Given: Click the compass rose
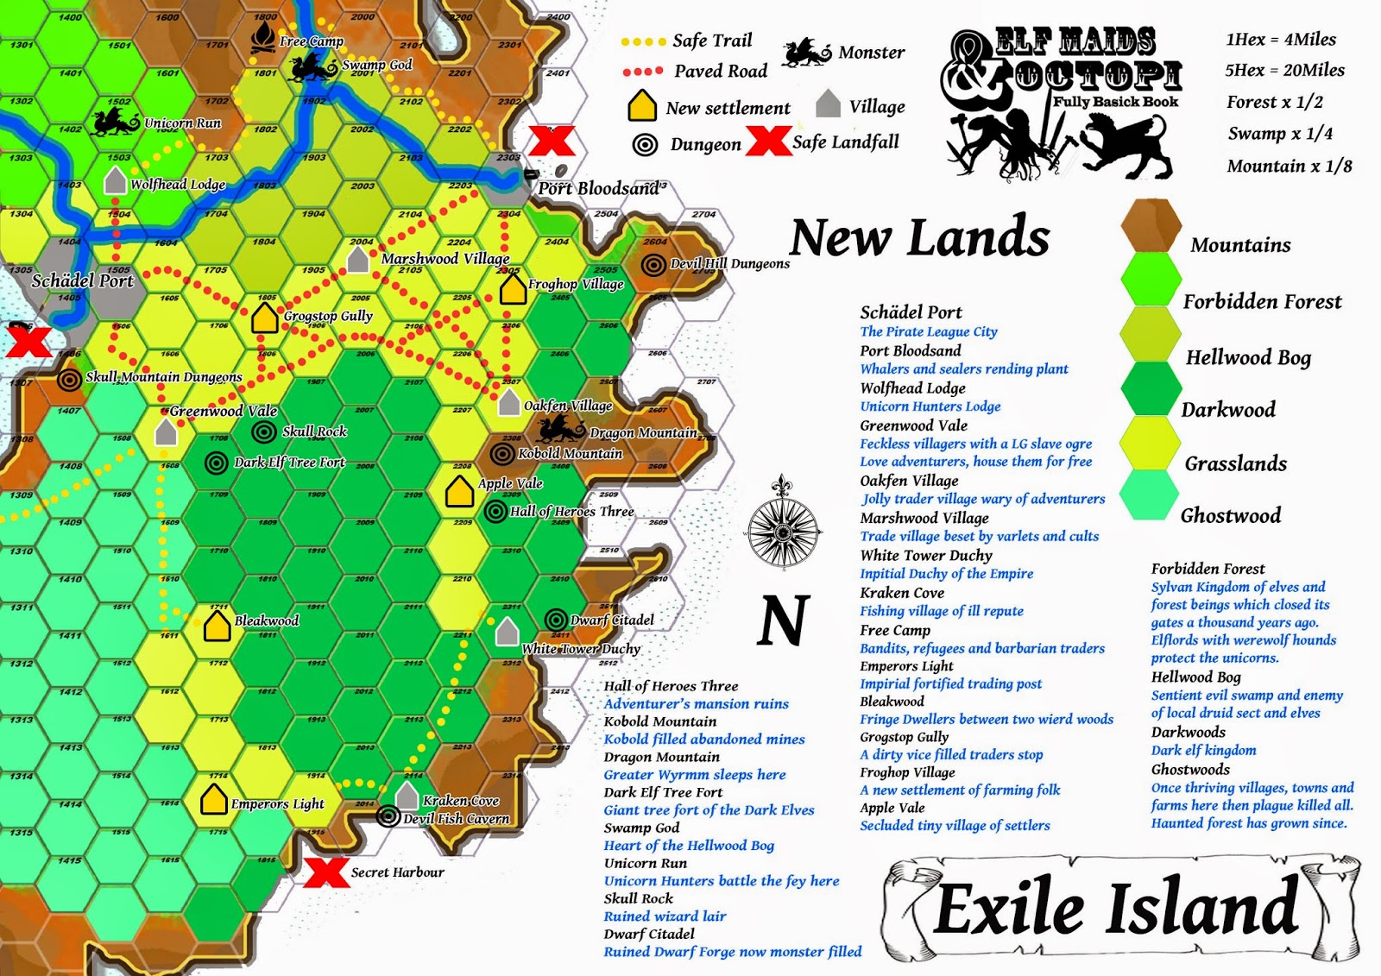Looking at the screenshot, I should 783,524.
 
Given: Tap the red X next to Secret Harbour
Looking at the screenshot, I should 326,872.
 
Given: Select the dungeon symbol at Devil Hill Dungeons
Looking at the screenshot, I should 654,264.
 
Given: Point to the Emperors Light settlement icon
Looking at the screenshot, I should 213,800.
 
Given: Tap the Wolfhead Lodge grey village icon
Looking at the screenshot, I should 115,181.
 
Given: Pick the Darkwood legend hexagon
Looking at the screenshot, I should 1150,388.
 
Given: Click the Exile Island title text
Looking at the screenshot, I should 1117,908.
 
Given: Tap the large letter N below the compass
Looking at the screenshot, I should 784,620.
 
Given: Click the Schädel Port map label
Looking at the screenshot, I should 83,280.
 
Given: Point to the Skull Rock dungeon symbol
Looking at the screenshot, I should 264,431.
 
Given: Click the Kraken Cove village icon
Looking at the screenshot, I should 407,796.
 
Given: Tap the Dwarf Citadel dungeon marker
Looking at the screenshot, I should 557,620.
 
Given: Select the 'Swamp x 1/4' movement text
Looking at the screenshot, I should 1280,134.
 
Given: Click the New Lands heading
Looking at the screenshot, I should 919,237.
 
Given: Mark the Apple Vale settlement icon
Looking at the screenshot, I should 459,491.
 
